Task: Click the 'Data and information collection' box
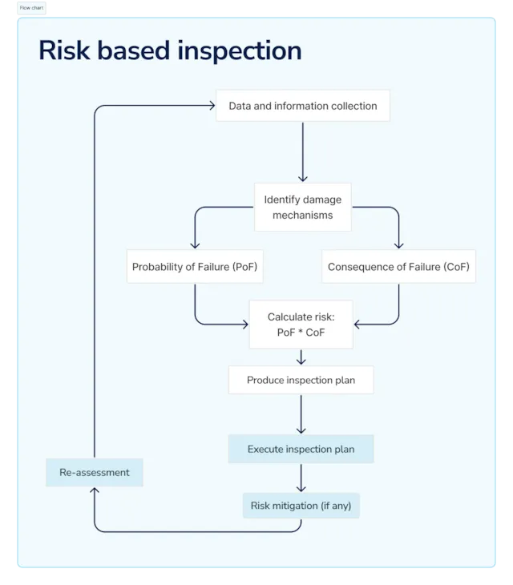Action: coord(302,106)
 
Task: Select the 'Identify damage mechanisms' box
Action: coord(302,207)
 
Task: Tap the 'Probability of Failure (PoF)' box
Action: coord(195,267)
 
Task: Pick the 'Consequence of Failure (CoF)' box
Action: coord(398,267)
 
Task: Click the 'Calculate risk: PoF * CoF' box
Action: coord(301,325)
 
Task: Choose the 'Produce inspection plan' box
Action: coord(301,380)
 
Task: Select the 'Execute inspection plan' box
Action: coord(301,449)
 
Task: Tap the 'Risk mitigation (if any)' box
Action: coord(301,506)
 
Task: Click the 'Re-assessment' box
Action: coord(95,472)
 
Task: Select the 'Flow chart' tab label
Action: coord(31,7)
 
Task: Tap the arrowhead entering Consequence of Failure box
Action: coord(398,244)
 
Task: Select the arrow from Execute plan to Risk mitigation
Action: coord(301,478)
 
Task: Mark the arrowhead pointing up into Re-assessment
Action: coord(95,491)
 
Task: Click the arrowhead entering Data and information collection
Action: coord(211,106)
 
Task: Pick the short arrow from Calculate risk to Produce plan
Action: coord(301,357)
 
